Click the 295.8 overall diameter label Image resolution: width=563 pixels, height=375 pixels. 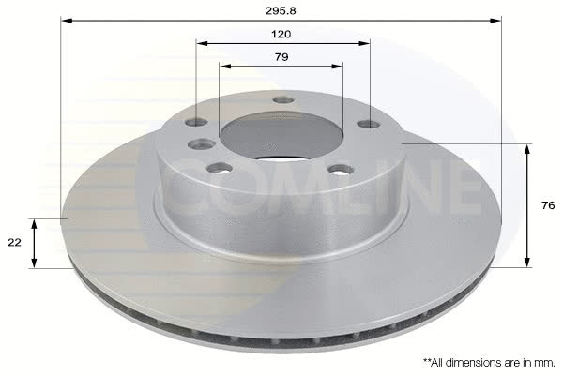281,11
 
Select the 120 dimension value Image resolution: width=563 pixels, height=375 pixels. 281,35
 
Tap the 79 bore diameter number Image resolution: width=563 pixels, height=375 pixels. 281,57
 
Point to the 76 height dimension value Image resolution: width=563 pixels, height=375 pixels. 548,205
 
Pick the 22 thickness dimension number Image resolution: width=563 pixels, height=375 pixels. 14,243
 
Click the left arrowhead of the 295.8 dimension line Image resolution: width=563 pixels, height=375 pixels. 67,21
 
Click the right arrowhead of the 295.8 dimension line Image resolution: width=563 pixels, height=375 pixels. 495,21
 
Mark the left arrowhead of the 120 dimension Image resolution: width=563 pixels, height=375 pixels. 203,44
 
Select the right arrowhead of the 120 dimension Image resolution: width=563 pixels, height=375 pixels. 364,44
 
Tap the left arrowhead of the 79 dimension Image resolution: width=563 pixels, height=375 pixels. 225,67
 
